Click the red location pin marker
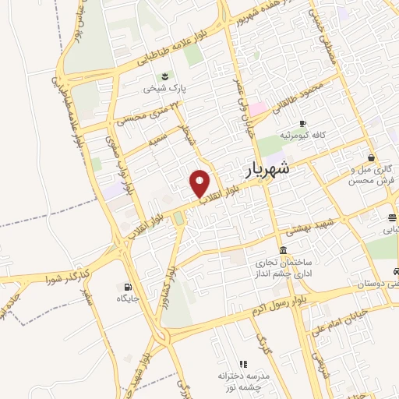click(x=200, y=183)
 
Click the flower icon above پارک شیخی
click(x=164, y=76)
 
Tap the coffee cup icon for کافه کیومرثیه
click(x=303, y=123)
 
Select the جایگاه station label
click(x=127, y=298)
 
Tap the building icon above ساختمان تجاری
click(x=281, y=250)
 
